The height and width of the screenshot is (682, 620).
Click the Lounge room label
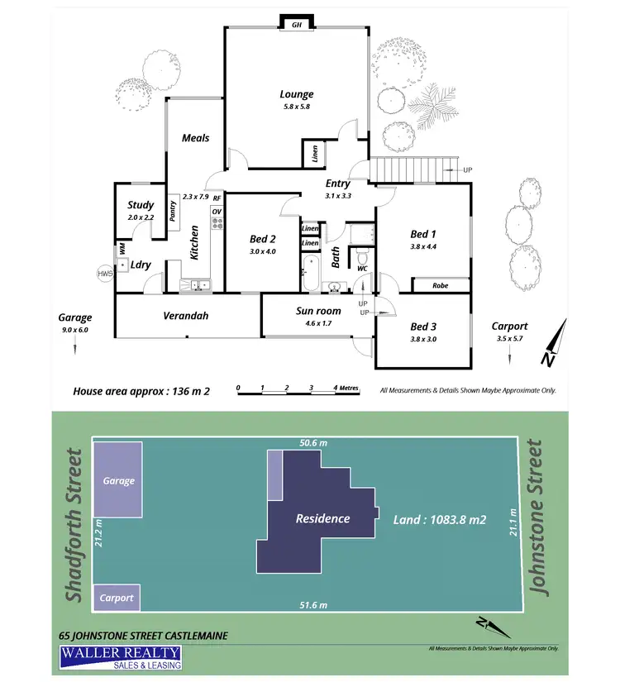(296, 94)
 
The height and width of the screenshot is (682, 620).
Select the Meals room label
(196, 138)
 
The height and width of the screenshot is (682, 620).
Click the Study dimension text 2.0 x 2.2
(141, 217)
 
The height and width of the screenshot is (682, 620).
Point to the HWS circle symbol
(105, 273)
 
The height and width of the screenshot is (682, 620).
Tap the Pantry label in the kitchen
(174, 210)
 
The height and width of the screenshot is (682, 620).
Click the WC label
(362, 268)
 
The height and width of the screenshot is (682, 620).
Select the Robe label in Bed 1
(441, 286)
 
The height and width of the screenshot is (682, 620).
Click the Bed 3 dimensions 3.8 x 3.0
(423, 339)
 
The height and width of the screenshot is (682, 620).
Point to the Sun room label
(318, 312)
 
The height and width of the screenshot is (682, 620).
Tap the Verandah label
(185, 316)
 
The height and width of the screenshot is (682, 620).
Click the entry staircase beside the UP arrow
(413, 169)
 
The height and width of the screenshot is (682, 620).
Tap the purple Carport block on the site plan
(117, 597)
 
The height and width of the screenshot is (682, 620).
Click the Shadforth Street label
(75, 525)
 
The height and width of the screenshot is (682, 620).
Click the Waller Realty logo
(120, 658)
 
